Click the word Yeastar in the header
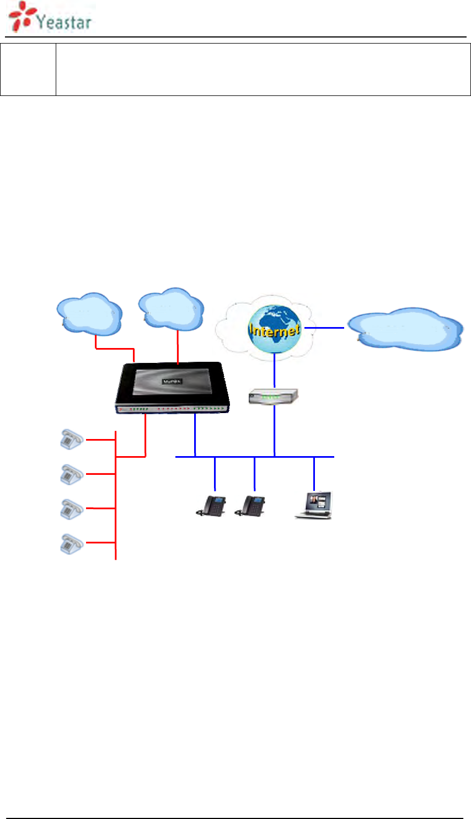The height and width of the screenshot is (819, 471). pyautogui.click(x=63, y=22)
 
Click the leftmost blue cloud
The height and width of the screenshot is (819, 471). pyautogui.click(x=89, y=315)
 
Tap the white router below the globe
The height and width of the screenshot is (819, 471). pyautogui.click(x=274, y=397)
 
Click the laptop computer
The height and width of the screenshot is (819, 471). pyautogui.click(x=314, y=505)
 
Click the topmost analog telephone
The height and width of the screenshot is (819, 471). pyautogui.click(x=71, y=439)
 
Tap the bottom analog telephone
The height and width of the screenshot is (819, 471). pyautogui.click(x=71, y=543)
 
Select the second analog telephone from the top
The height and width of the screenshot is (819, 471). pyautogui.click(x=71, y=474)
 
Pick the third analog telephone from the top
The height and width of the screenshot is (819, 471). pyautogui.click(x=71, y=508)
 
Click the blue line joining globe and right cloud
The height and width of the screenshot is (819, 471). pyautogui.click(x=324, y=328)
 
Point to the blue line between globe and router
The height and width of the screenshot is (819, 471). pyautogui.click(x=274, y=371)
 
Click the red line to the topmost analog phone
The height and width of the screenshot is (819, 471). pyautogui.click(x=100, y=440)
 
